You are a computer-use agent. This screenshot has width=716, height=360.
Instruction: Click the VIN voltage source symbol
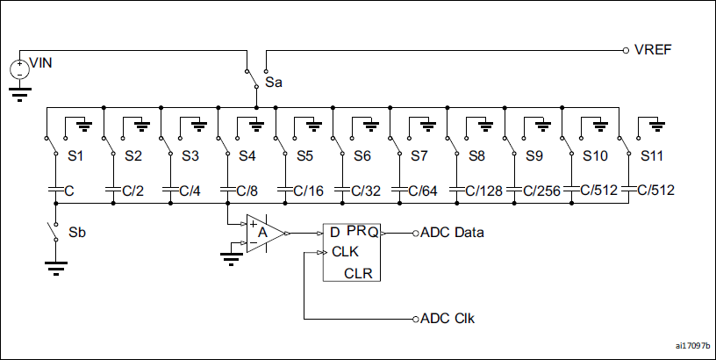[19, 69]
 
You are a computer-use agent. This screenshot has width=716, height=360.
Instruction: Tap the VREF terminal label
[654, 50]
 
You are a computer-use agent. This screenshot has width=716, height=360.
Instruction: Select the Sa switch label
[274, 83]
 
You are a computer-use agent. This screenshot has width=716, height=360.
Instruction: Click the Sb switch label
[77, 232]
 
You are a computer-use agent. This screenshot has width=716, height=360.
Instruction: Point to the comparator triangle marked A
[265, 234]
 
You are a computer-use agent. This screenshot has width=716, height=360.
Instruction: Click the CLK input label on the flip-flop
[345, 252]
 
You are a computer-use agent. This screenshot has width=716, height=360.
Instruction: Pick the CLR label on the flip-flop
[359, 274]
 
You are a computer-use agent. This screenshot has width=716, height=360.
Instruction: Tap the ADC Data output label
[452, 233]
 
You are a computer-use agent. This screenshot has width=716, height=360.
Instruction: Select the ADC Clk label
[447, 318]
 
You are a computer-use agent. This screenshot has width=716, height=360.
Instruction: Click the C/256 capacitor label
[541, 191]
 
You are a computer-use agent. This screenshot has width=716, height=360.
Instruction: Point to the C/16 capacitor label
[309, 191]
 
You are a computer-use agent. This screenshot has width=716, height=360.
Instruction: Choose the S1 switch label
[75, 155]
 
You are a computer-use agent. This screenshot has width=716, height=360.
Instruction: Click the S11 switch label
[651, 155]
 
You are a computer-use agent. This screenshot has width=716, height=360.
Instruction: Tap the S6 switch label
[362, 155]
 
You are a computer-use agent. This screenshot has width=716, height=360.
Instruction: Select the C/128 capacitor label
[484, 191]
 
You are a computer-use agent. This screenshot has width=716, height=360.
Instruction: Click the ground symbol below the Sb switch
[55, 269]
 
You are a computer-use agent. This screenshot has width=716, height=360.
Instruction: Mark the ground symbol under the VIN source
[19, 94]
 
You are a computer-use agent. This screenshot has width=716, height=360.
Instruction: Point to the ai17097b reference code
[692, 346]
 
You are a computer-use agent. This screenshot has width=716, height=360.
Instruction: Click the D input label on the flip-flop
[334, 233]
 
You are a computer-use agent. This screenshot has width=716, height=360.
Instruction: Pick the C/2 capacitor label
[133, 191]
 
